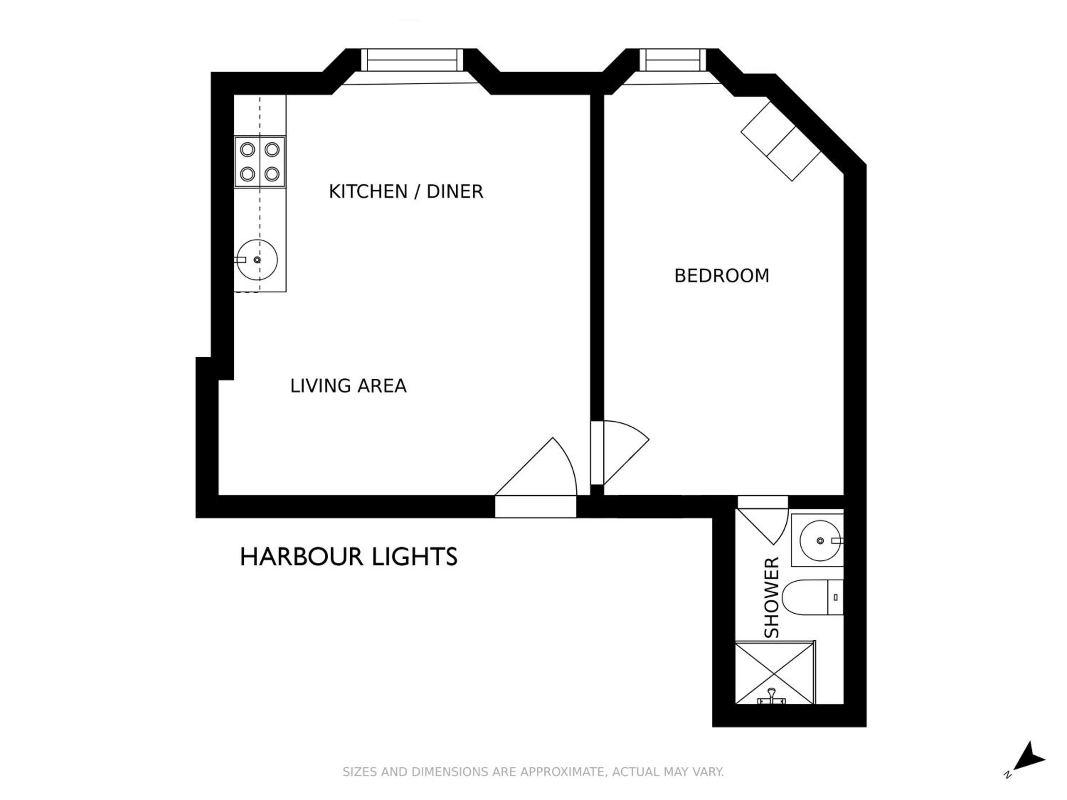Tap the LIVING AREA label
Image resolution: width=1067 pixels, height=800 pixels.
pos(348,386)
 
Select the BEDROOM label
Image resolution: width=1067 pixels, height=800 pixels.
pos(722,276)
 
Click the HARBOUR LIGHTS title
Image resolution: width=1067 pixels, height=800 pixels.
pos(348,556)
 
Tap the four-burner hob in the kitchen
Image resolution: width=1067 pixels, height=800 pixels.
pos(260,161)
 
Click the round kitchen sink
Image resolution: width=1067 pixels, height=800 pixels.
pos(258,260)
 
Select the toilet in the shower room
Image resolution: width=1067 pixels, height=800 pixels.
pos(813,597)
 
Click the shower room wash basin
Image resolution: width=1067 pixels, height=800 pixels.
pos(820,540)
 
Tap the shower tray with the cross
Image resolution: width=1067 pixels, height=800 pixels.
pos(775,672)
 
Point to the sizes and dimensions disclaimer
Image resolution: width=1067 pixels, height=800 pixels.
pos(533,772)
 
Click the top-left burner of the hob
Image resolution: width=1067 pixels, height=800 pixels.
pos(248,149)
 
